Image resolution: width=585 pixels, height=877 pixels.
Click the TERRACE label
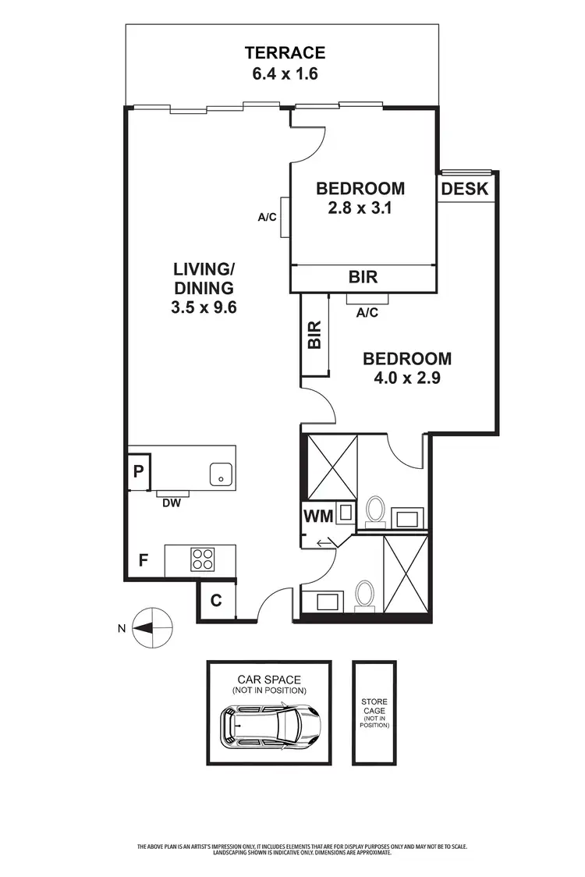[284, 53]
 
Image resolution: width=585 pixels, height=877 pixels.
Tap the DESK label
[464, 189]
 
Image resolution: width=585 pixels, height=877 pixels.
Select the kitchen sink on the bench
[222, 474]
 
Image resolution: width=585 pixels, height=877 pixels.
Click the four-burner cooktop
[203, 559]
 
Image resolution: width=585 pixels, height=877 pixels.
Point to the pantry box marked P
[138, 471]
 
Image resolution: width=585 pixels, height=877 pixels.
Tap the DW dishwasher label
[172, 503]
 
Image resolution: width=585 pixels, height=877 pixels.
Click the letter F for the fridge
[144, 559]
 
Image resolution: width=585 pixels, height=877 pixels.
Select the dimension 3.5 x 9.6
[204, 307]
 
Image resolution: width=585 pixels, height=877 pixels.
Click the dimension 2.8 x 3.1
[360, 208]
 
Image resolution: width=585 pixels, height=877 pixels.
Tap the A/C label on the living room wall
[268, 217]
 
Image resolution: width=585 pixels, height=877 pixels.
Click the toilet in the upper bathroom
[375, 510]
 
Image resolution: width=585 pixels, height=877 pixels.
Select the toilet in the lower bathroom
[363, 595]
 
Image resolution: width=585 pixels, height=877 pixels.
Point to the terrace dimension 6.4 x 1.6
[284, 75]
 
